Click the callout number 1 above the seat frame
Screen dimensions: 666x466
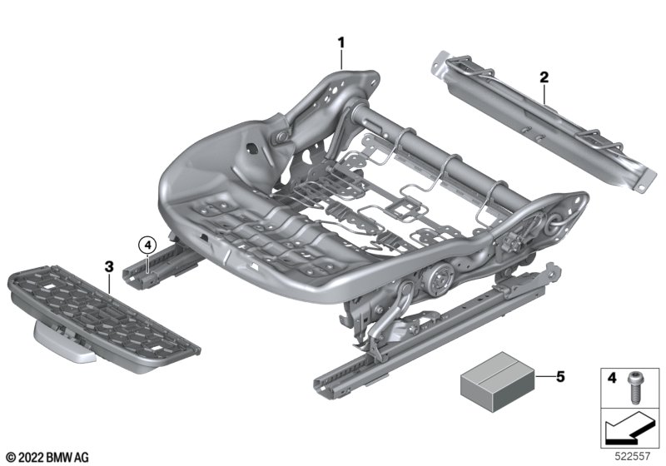[x=340, y=43]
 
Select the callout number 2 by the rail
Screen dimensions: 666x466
[x=544, y=77]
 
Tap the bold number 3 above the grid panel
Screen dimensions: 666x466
[x=109, y=267]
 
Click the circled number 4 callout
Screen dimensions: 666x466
[x=147, y=245]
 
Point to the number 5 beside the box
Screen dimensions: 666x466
[x=560, y=376]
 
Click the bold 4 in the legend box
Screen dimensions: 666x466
[x=611, y=378]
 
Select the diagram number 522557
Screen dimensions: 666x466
[x=632, y=456]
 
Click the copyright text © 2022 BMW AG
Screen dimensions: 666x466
[x=48, y=458]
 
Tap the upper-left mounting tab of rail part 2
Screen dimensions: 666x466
[x=440, y=62]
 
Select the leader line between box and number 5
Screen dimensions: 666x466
[x=544, y=376]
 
